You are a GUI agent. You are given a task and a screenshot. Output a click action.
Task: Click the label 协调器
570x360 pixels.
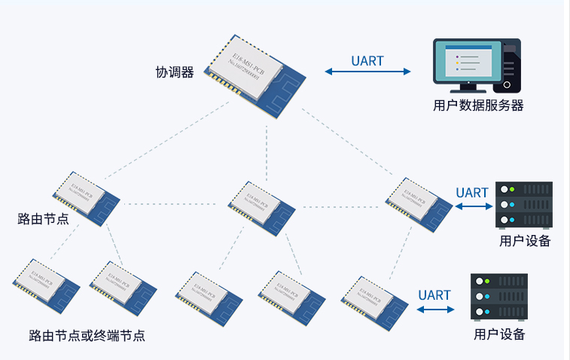175,72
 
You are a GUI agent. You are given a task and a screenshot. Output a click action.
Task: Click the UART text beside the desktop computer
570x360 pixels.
367,61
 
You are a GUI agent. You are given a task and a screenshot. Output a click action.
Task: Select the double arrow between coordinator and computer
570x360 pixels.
367,72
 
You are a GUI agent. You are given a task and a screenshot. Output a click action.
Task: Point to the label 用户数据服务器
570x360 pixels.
478,105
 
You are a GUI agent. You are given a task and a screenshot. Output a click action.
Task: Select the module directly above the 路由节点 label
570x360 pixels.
85,197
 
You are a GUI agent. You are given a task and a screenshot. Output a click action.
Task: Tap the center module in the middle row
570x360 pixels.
260,205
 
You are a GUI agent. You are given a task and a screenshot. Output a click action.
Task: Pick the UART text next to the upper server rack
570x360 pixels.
472,193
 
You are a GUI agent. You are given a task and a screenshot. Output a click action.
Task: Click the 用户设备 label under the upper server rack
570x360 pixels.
525,241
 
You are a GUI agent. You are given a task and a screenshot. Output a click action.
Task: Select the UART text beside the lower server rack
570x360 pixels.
434,295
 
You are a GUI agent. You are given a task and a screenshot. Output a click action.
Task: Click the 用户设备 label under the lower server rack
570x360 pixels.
499,334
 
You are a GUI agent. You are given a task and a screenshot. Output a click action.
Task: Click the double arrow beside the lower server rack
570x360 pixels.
434,308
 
